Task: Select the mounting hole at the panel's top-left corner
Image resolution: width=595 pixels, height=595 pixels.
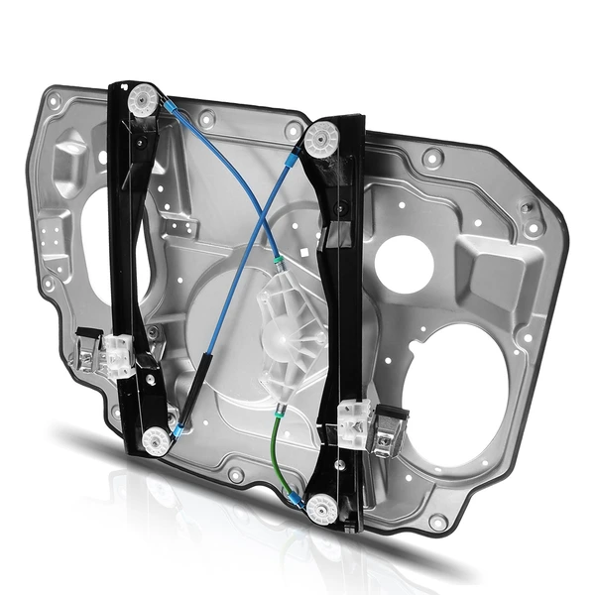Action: (54, 100)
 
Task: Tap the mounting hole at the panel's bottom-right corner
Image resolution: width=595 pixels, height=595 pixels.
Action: (436, 522)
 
